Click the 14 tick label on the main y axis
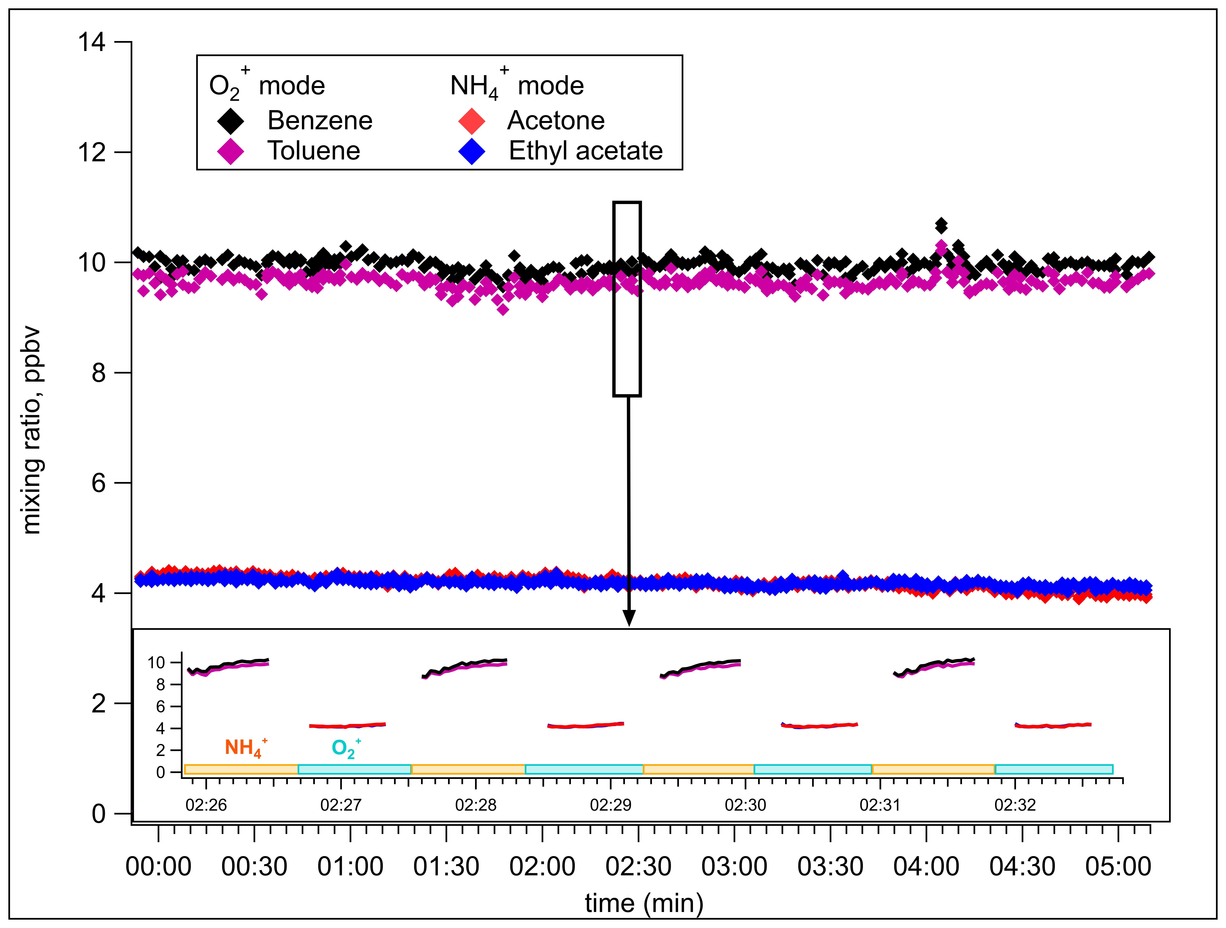coord(91,42)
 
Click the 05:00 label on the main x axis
coord(1118,866)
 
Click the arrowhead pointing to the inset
coord(628,618)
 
